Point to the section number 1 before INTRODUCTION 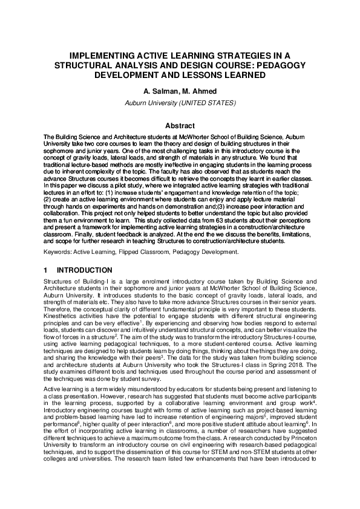pyautogui.click(x=46, y=270)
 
